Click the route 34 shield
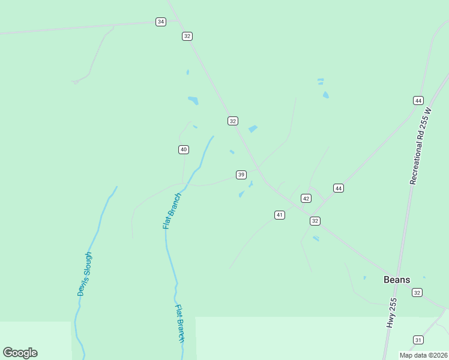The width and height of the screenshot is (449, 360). pyautogui.click(x=160, y=22)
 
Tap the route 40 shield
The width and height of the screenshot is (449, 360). pyautogui.click(x=184, y=149)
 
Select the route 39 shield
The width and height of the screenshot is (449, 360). pyautogui.click(x=241, y=175)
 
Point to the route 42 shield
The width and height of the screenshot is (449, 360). pyautogui.click(x=306, y=198)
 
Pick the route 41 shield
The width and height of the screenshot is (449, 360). pyautogui.click(x=280, y=215)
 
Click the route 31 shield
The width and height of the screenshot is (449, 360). pyautogui.click(x=418, y=340)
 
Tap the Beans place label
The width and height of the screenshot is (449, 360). pyautogui.click(x=397, y=280)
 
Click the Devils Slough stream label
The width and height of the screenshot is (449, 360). pyautogui.click(x=85, y=274)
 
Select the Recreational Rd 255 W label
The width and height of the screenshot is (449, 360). pyautogui.click(x=421, y=146)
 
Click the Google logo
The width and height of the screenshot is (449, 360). pyautogui.click(x=20, y=353)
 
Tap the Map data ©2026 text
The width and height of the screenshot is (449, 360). pyautogui.click(x=423, y=355)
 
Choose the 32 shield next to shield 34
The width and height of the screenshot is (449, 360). pyautogui.click(x=187, y=36)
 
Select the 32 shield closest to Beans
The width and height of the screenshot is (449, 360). pyautogui.click(x=417, y=292)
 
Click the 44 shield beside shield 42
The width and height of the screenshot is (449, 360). pyautogui.click(x=339, y=188)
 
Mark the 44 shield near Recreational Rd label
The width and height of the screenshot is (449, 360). pyautogui.click(x=418, y=100)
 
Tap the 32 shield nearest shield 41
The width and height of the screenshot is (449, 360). pyautogui.click(x=315, y=221)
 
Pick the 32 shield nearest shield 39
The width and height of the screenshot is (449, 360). pyautogui.click(x=233, y=121)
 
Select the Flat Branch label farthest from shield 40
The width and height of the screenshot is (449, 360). pyautogui.click(x=179, y=323)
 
